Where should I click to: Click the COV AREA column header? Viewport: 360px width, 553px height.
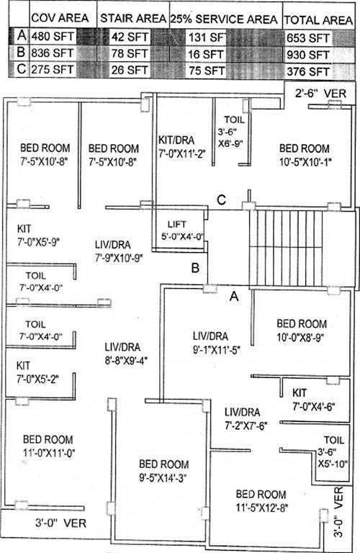tap(60, 17)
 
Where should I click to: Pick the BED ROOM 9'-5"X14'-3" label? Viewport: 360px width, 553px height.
tap(164, 469)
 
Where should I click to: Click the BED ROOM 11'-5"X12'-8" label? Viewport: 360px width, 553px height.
tap(261, 501)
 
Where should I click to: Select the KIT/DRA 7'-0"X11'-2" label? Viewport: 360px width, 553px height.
tap(182, 146)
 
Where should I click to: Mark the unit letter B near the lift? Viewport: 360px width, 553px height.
tap(194, 269)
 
